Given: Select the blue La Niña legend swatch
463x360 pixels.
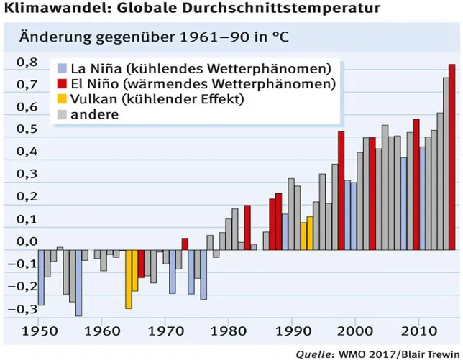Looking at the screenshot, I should [x=63, y=69].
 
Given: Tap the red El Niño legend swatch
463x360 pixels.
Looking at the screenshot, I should [x=63, y=84].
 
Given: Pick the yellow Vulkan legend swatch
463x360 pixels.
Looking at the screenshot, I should [x=63, y=99].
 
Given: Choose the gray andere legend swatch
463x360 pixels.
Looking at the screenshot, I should [x=63, y=114].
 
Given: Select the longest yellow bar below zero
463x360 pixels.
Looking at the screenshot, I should [x=129, y=279].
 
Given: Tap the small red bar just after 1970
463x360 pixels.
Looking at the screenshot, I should [x=185, y=244].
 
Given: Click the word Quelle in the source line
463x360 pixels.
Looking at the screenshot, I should [x=313, y=353].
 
